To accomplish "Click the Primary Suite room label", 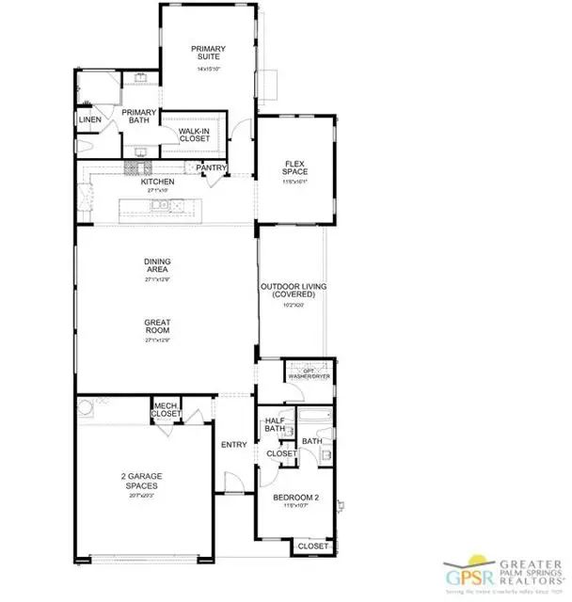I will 207,54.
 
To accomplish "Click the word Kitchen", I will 157,182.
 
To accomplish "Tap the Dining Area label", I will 156,268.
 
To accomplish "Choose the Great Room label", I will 156,326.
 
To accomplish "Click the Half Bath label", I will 275,425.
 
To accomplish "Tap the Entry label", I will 232,444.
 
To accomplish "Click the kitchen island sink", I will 162,205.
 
